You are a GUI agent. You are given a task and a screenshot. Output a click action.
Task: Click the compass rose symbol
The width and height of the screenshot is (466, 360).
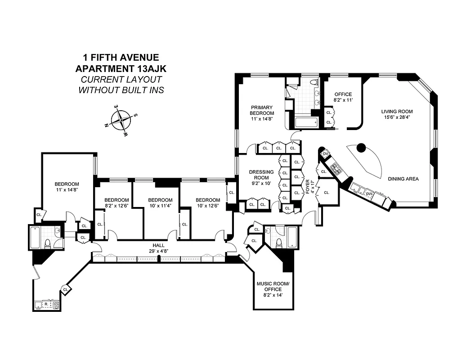tap(121, 120)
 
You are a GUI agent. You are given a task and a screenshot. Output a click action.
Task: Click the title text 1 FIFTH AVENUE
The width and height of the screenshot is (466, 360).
tap(121, 58)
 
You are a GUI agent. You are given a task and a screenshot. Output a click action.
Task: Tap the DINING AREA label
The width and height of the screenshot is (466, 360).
tap(403, 179)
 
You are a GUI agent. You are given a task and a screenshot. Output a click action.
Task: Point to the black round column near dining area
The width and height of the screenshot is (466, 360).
tap(361, 147)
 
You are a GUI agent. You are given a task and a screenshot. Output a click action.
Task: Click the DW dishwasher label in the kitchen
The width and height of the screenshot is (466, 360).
tap(369, 193)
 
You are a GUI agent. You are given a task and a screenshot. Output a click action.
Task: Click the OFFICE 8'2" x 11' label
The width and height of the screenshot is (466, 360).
tap(342, 97)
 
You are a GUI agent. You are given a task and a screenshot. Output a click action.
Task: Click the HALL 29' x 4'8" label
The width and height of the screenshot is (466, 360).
tap(158, 248)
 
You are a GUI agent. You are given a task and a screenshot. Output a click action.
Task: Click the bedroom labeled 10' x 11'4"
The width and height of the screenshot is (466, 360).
tap(160, 203)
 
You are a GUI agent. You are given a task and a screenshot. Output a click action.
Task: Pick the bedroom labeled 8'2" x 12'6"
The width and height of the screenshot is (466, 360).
tap(116, 203)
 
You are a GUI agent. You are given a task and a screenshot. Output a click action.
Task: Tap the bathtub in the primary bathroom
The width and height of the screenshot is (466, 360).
tap(305, 122)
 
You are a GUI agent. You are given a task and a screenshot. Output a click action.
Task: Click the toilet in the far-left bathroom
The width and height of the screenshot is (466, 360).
tap(48, 243)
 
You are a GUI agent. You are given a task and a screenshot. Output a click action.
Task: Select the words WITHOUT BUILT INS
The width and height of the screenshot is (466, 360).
tap(121, 90)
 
